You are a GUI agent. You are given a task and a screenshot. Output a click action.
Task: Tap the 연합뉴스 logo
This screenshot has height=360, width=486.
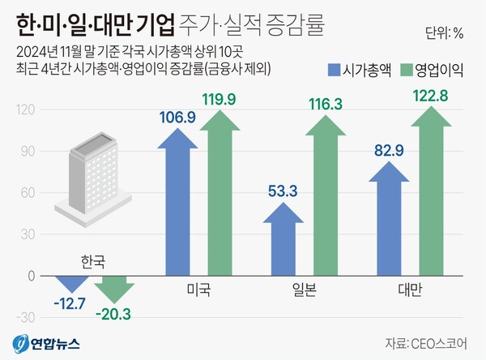pyautogui.click(x=46, y=343)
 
